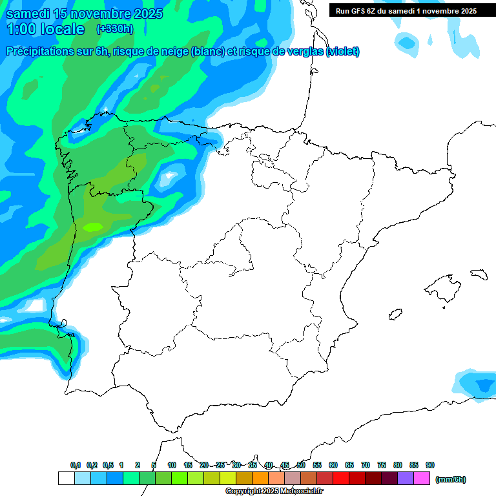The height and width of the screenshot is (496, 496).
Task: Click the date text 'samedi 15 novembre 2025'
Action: click(x=84, y=13)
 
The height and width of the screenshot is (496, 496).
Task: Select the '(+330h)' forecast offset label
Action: click(x=114, y=29)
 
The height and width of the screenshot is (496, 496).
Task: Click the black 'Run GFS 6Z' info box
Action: click(x=406, y=10)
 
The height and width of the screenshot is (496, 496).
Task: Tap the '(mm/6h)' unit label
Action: click(x=450, y=479)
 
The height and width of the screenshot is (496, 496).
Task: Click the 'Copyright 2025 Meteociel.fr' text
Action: click(x=274, y=491)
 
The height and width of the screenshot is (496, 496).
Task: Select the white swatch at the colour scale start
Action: click(x=66, y=479)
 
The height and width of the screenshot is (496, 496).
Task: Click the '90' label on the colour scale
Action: click(x=430, y=465)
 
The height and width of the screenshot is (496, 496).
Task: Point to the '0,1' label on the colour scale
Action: click(x=76, y=465)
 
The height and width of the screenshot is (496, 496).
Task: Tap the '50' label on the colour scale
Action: click(x=301, y=465)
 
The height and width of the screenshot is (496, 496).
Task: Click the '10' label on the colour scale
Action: click(x=172, y=465)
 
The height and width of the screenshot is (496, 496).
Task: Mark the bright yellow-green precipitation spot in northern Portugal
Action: click(x=94, y=227)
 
